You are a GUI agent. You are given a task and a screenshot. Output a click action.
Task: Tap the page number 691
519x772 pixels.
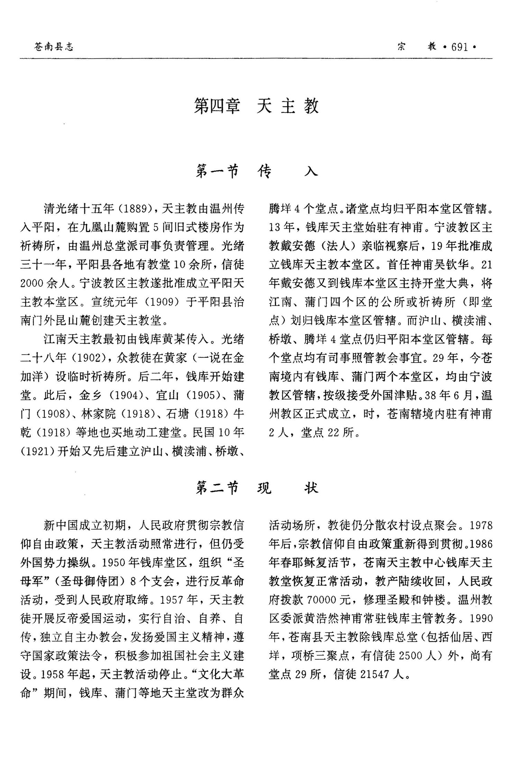point(459,47)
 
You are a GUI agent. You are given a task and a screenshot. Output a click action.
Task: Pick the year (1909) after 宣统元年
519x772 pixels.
point(160,302)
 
